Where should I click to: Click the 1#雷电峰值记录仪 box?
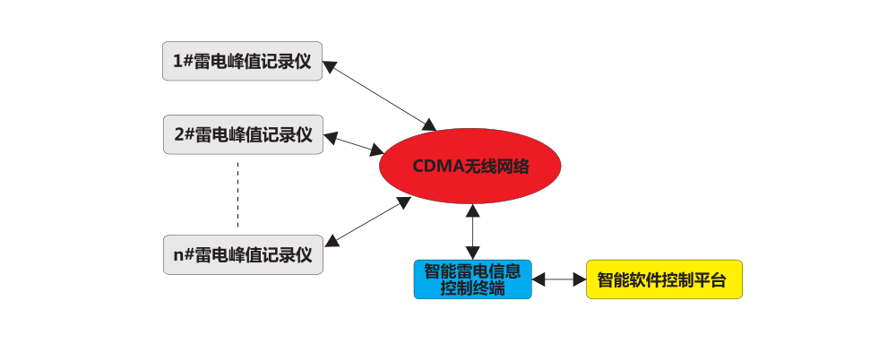point(242,61)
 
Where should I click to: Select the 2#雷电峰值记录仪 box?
point(243,134)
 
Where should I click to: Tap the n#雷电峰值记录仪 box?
point(243,254)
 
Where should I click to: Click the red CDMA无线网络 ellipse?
point(470,167)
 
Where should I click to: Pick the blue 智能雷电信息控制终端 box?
point(472,279)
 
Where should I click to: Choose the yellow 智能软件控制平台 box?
point(664,279)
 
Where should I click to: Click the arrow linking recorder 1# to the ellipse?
point(380,94)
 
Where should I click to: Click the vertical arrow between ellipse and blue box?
point(472,231)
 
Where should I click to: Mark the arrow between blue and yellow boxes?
point(559,279)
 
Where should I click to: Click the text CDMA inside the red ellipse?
point(433,167)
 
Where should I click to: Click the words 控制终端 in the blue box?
point(472,288)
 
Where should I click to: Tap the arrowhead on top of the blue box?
point(472,254)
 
